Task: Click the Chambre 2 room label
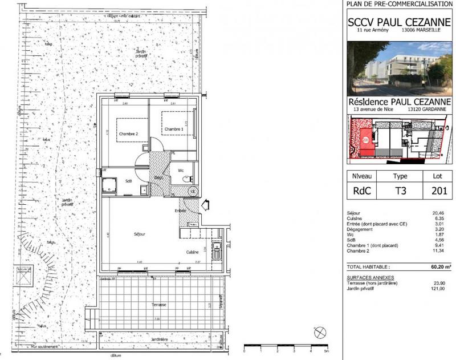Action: (x=128, y=134)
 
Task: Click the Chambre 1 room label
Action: (x=174, y=130)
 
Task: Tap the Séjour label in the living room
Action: (x=140, y=234)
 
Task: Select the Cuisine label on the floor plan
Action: (x=192, y=252)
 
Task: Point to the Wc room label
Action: (x=180, y=170)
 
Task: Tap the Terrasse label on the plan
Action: (x=159, y=305)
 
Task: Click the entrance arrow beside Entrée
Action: (x=205, y=204)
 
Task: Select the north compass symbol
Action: (x=320, y=331)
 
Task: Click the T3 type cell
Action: (x=401, y=191)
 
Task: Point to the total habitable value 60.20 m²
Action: (x=436, y=266)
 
